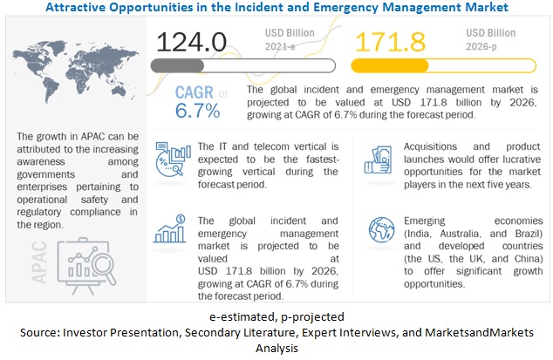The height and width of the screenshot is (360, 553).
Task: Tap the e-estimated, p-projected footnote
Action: pyautogui.click(x=276, y=316)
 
